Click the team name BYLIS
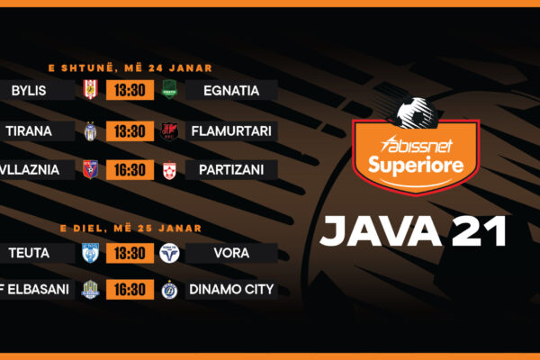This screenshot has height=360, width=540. pyautogui.click(x=30, y=90)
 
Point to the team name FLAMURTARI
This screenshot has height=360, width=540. pyautogui.click(x=231, y=131)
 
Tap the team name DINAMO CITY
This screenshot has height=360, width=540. pyautogui.click(x=232, y=290)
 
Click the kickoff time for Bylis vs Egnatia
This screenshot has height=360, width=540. pyautogui.click(x=130, y=90)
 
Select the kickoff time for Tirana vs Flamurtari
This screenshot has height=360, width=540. pyautogui.click(x=130, y=131)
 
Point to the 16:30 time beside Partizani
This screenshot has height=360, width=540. pyautogui.click(x=130, y=170)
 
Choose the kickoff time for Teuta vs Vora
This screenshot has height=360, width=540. pyautogui.click(x=130, y=254)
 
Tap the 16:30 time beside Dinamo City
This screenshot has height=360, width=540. pyautogui.click(x=130, y=290)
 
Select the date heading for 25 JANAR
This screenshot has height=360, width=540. pyautogui.click(x=130, y=228)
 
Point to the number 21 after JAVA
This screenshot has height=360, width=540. pyautogui.click(x=480, y=231)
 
